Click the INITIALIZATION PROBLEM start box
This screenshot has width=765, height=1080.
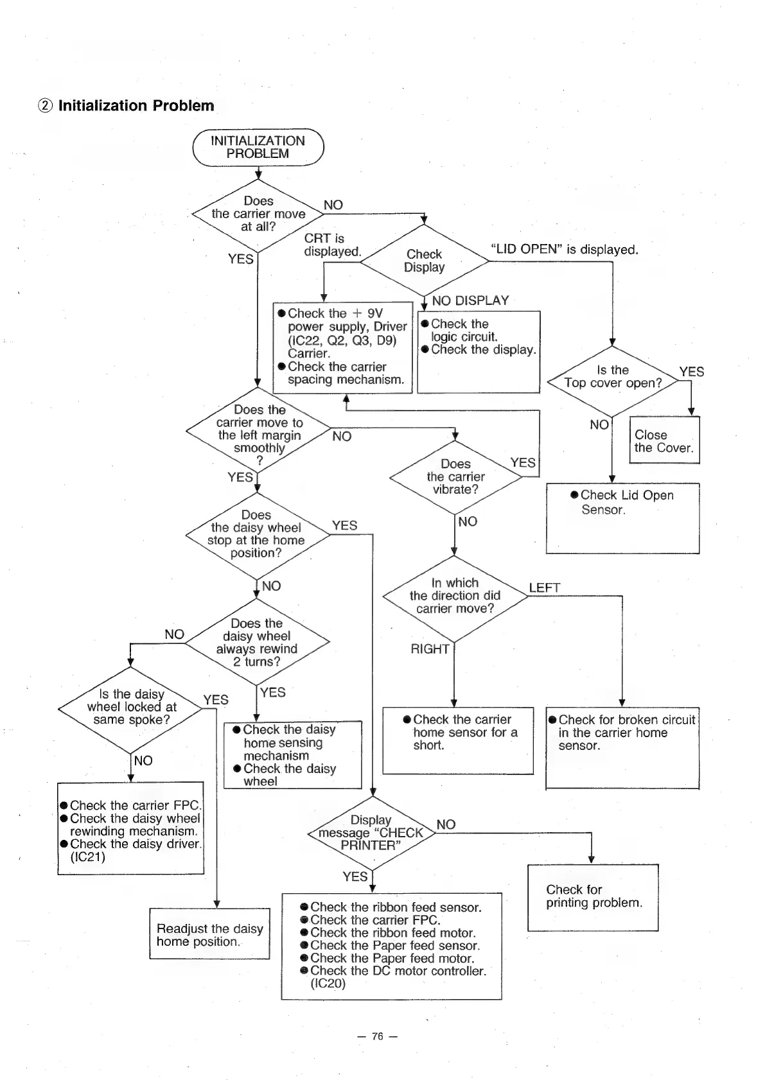[258, 148]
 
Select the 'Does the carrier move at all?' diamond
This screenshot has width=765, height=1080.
[258, 214]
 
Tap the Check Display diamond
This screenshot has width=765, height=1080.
[424, 261]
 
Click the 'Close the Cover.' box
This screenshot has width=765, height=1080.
[664, 441]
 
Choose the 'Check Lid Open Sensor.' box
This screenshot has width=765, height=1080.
[622, 518]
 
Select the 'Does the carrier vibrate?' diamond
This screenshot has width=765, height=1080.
[455, 476]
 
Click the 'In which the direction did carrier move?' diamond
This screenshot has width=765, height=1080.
[455, 596]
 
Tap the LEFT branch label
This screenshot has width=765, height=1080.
[545, 588]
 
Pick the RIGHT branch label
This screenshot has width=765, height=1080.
[430, 649]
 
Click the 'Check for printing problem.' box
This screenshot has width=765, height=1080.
[593, 897]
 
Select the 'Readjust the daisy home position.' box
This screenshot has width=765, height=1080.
[209, 935]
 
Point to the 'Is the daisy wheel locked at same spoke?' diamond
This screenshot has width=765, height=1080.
[132, 708]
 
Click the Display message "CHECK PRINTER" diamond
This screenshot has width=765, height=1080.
[371, 833]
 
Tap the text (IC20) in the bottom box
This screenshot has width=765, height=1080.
[328, 984]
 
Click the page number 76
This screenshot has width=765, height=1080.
[378, 1036]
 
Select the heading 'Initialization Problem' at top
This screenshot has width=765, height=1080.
[136, 106]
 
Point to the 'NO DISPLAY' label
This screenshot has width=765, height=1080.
[470, 300]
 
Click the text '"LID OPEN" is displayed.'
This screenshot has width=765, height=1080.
[564, 250]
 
